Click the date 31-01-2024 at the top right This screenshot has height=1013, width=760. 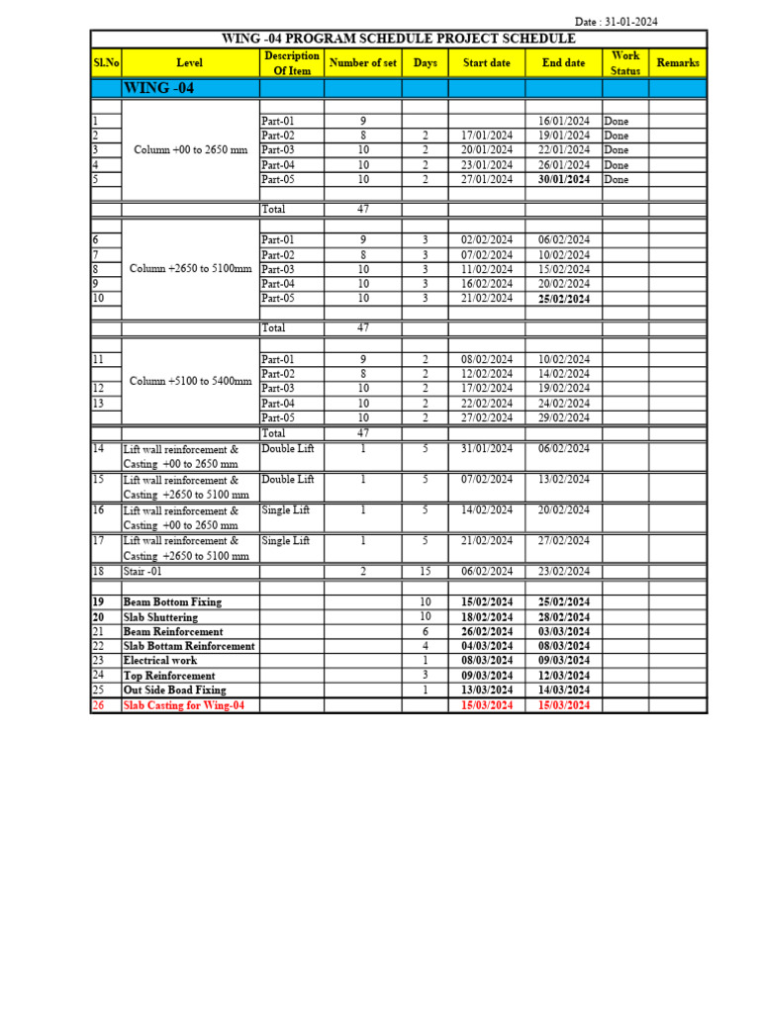coord(633,21)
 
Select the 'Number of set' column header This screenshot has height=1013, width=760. coord(362,63)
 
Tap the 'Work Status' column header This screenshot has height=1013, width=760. coord(625,63)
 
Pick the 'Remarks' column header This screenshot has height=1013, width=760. coord(678,63)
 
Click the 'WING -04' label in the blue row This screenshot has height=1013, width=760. coord(158,88)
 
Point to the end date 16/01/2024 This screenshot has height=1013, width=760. coord(564,121)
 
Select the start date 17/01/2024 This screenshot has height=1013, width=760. coord(487,136)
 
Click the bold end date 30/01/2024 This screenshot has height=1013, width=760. coord(564,180)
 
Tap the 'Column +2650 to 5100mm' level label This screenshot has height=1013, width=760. coord(190,269)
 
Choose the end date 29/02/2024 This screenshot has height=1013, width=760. coord(564,418)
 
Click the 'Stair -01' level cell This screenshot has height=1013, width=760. coord(144,572)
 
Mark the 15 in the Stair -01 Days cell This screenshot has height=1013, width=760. coord(426,572)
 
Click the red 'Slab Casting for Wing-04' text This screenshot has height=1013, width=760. coord(184,705)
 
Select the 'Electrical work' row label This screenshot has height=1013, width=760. coord(160,661)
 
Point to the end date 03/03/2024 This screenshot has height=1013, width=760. coord(564,631)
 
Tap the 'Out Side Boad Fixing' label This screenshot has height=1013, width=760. coord(174,691)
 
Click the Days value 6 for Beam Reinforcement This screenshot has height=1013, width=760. coord(426,631)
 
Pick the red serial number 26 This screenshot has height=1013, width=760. coord(98,705)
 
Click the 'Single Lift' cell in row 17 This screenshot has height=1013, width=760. coord(287,541)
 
